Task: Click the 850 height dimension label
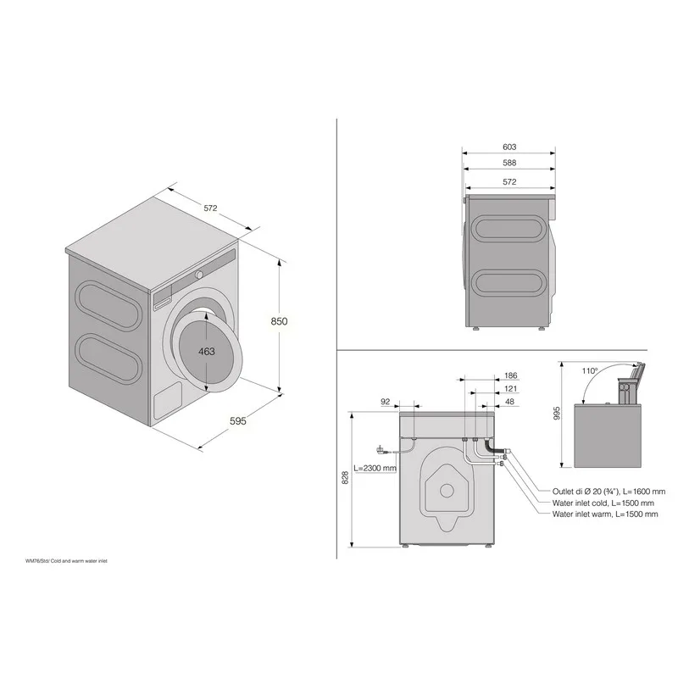[x=279, y=321]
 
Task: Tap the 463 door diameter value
[x=207, y=352]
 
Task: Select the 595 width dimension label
[x=238, y=420]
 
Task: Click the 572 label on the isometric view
[x=210, y=208]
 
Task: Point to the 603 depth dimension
[x=509, y=147]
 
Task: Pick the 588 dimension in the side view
[x=509, y=163]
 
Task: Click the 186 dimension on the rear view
[x=511, y=375]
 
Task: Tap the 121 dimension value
[x=511, y=389]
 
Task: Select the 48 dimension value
[x=510, y=402]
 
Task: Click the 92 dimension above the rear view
[x=386, y=402]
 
